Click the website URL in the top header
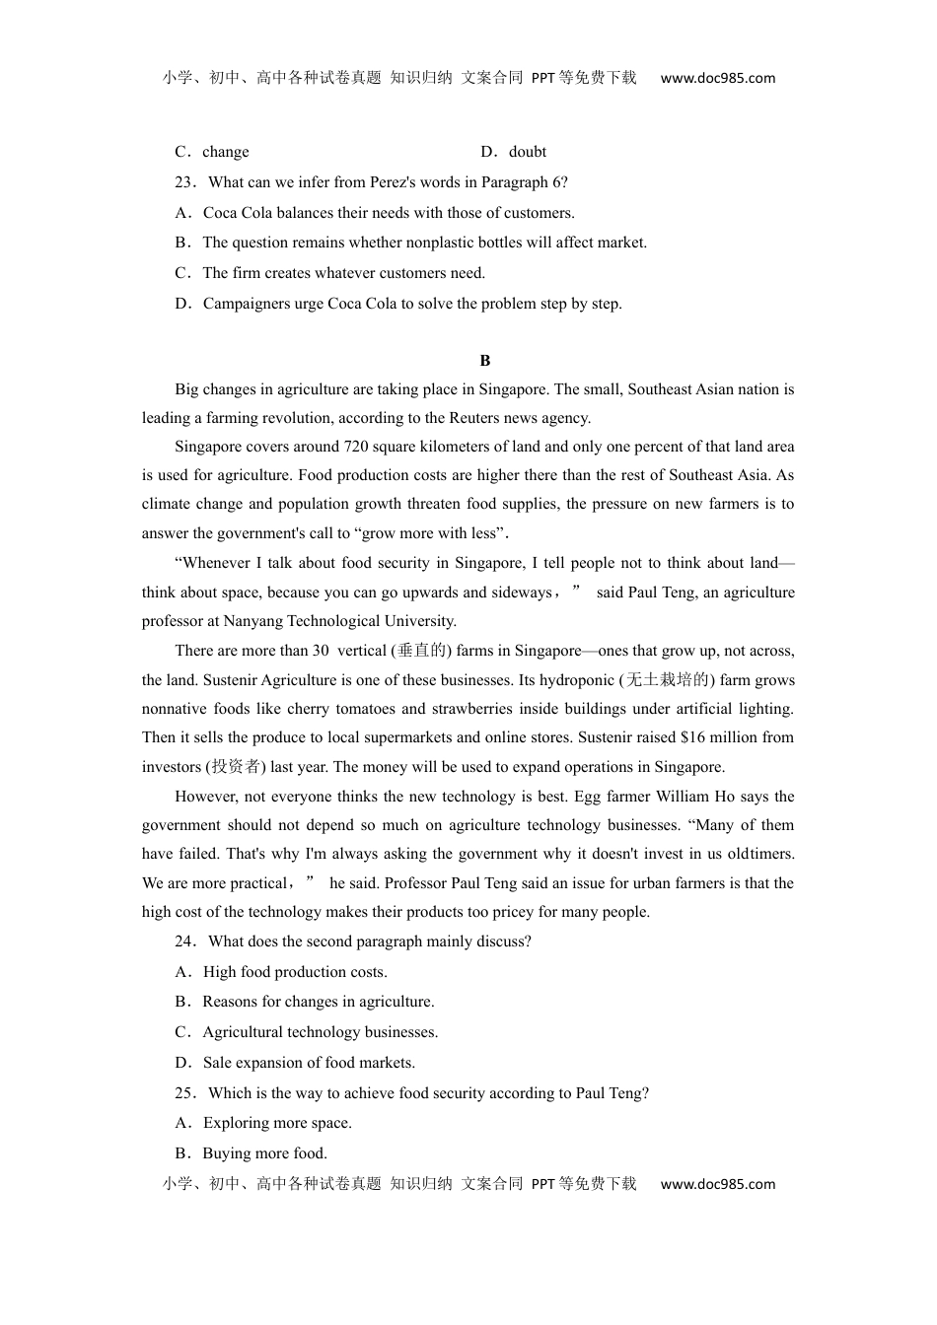click(x=717, y=78)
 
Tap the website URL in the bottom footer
click(x=717, y=1184)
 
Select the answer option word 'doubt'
click(x=527, y=152)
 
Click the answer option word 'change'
click(x=226, y=152)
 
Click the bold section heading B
click(x=484, y=361)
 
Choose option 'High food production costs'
click(x=294, y=972)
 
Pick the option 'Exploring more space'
click(x=276, y=1123)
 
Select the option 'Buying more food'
click(x=264, y=1153)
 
